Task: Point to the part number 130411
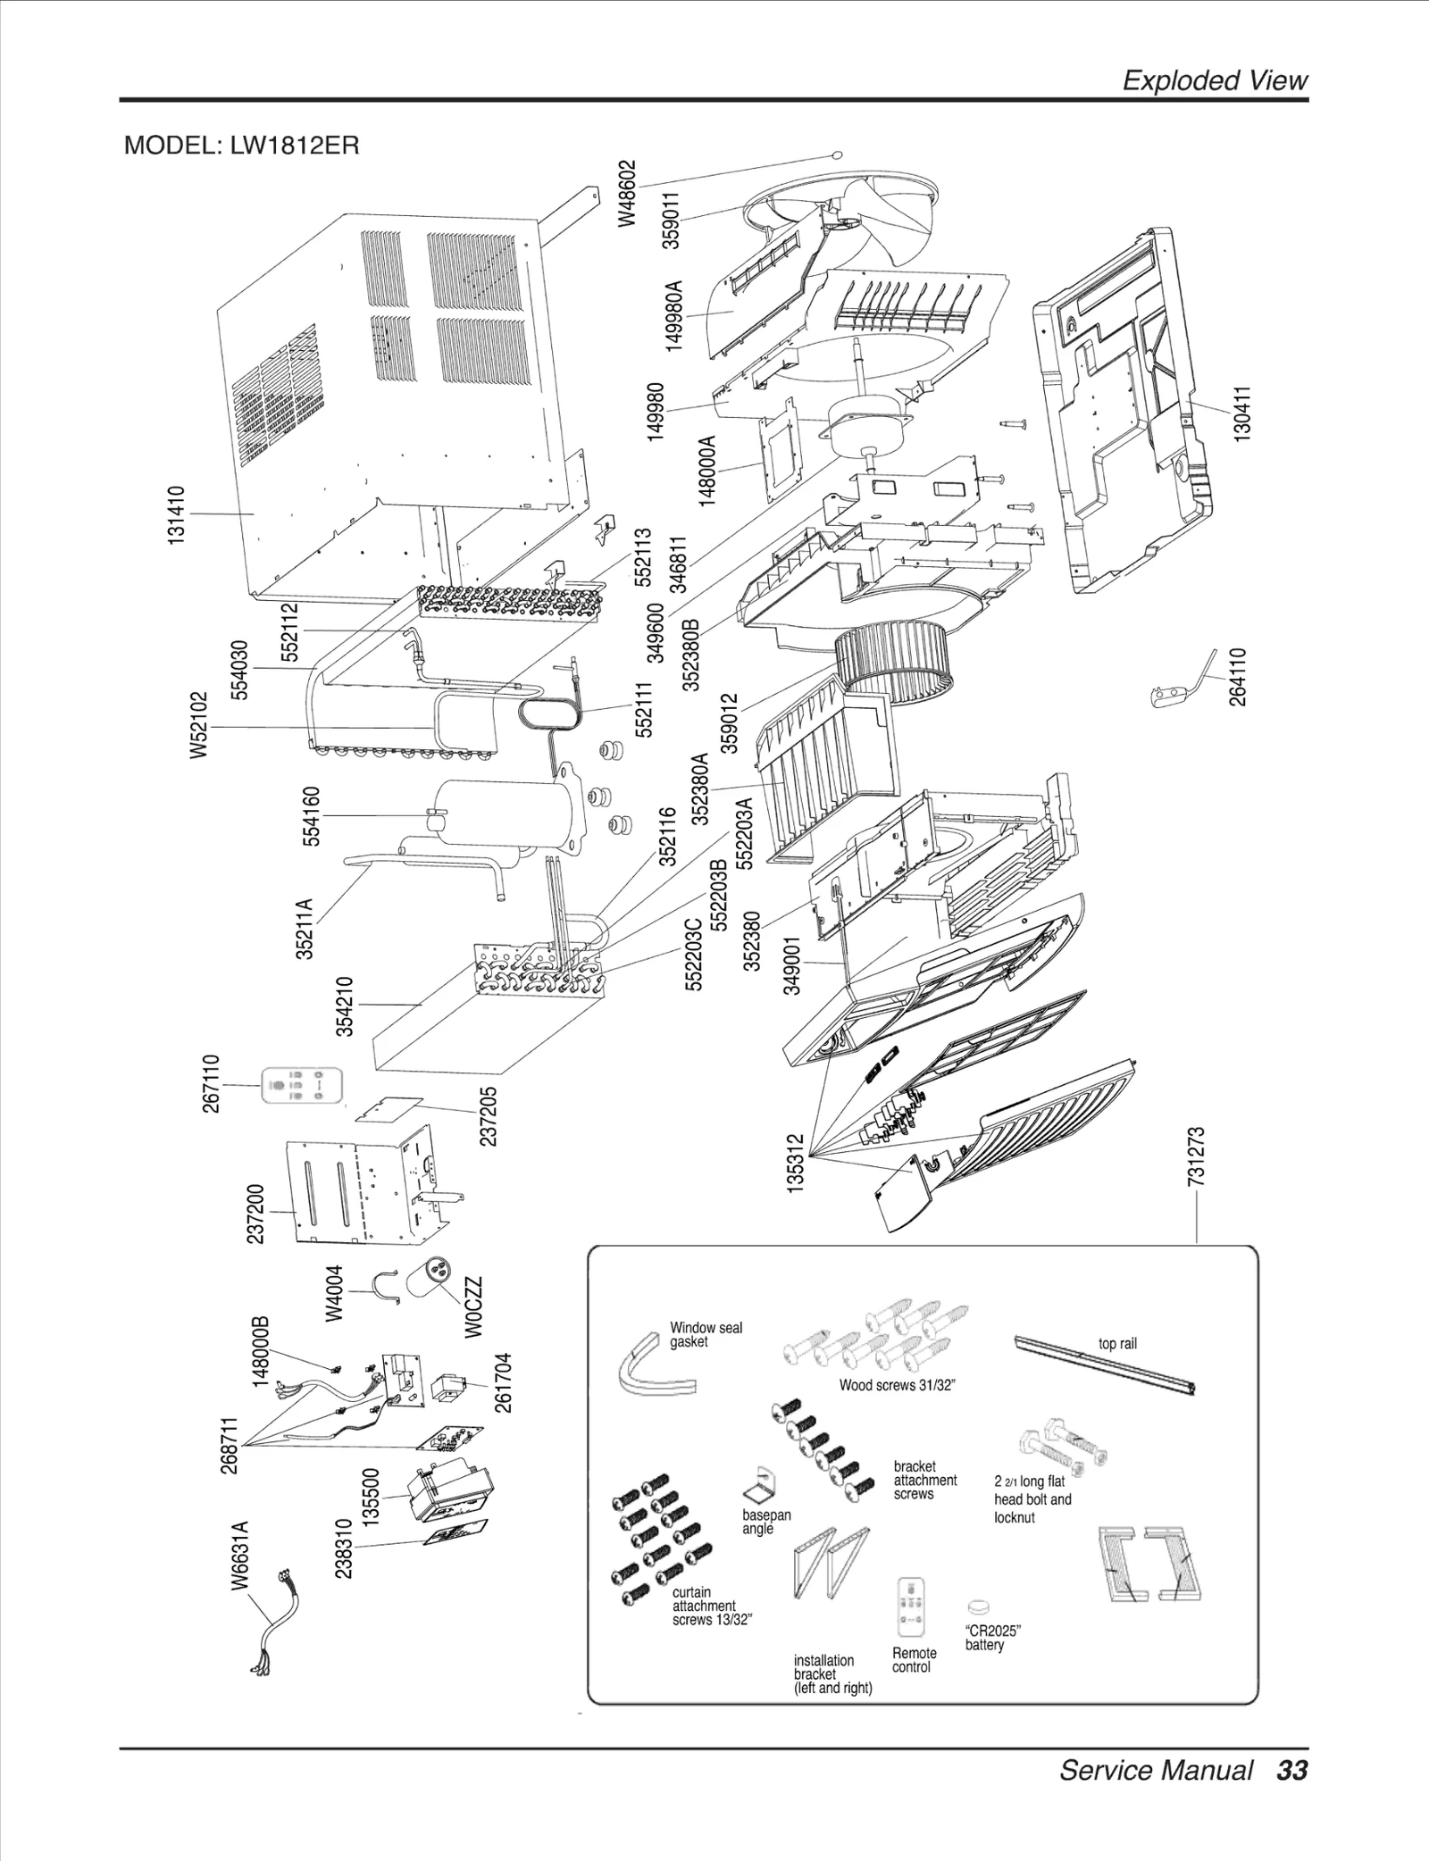click(1242, 411)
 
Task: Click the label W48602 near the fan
click(629, 193)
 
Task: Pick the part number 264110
click(1237, 677)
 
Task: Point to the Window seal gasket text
click(706, 1334)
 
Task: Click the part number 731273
click(1197, 1156)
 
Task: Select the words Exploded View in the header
click(1215, 80)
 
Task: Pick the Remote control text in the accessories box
click(914, 1659)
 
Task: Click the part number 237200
click(255, 1214)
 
